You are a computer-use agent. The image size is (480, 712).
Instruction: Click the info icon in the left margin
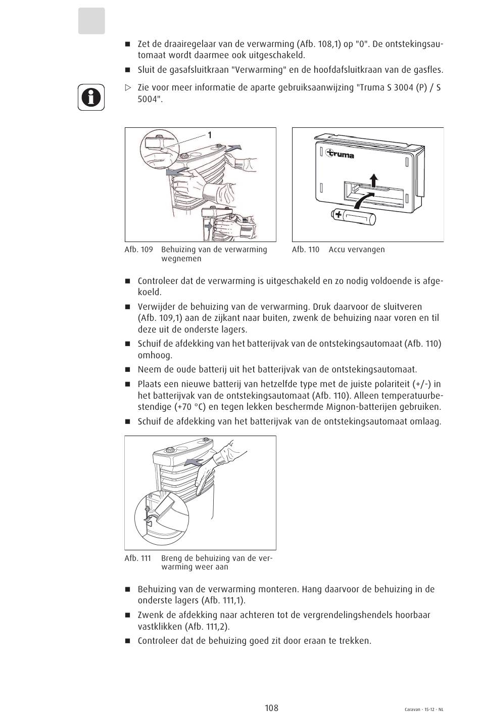coord(91,97)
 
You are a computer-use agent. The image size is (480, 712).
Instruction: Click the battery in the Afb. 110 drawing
coord(354,217)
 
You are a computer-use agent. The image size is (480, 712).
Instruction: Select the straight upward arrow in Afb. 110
coord(373,180)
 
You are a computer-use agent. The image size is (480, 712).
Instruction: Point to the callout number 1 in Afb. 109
coord(209,134)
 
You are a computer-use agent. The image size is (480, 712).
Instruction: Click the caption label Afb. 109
coord(138,250)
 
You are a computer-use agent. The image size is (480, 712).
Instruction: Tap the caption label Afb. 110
coord(306,250)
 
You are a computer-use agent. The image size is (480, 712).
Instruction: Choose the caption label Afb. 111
coord(138,558)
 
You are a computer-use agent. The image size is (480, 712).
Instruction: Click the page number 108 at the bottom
coord(271,707)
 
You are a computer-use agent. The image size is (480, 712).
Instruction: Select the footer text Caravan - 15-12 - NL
coord(424,709)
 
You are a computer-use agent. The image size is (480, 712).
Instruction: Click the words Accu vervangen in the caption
coord(356,250)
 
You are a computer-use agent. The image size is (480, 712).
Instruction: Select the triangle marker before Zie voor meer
coord(128,87)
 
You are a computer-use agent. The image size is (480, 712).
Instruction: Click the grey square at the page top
coord(91,21)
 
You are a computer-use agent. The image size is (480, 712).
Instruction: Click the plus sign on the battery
coord(338,216)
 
